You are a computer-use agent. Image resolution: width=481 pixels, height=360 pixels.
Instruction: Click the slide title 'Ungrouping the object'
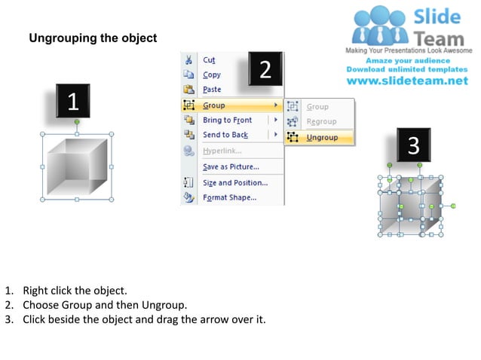pyautogui.click(x=93, y=38)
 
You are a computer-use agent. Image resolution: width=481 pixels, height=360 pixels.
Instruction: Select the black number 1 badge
pyautogui.click(x=73, y=101)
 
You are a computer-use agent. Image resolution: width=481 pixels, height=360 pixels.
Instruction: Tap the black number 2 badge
pyautogui.click(x=265, y=69)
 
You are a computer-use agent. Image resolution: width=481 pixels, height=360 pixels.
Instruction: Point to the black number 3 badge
pyautogui.click(x=413, y=145)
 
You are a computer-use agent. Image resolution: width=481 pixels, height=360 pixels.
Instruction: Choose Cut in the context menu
pyautogui.click(x=209, y=60)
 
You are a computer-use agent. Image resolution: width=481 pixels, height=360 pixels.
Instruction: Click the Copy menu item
pyautogui.click(x=212, y=75)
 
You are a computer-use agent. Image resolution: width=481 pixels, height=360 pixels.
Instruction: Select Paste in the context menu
pyautogui.click(x=212, y=90)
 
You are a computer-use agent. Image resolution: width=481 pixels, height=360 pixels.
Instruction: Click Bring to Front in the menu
pyautogui.click(x=227, y=121)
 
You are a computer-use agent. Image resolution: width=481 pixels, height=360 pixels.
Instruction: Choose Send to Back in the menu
pyautogui.click(x=225, y=135)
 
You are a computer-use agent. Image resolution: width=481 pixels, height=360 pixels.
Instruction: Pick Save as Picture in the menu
pyautogui.click(x=230, y=166)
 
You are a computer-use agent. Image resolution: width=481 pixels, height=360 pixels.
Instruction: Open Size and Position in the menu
pyautogui.click(x=234, y=183)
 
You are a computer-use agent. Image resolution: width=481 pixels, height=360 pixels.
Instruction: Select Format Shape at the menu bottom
pyautogui.click(x=229, y=198)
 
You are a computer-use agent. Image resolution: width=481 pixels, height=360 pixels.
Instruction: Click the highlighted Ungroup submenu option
pyautogui.click(x=322, y=138)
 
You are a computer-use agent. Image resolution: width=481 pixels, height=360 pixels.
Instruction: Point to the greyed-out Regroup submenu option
pyautogui.click(x=321, y=122)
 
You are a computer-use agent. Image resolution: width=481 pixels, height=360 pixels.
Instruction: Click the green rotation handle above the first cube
pyautogui.click(x=77, y=121)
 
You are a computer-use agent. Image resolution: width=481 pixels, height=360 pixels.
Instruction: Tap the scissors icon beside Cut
pyautogui.click(x=188, y=60)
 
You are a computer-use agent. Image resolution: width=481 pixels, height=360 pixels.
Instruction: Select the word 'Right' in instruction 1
pyautogui.click(x=35, y=290)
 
